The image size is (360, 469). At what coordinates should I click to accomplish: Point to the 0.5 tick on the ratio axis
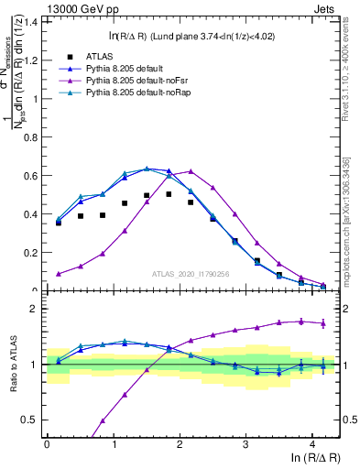[x=33, y=420]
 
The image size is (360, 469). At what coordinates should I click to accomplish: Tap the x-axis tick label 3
[x=245, y=443]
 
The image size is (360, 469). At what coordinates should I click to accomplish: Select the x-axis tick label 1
[x=113, y=443]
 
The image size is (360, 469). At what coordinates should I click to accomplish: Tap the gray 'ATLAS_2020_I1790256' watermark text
[x=190, y=274]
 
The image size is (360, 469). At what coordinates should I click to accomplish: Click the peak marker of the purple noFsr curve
[x=191, y=171]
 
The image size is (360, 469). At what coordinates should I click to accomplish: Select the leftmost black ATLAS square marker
[x=59, y=223]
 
